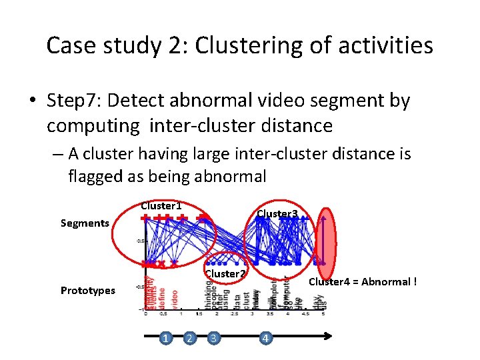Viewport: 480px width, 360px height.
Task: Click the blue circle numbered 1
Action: point(164,339)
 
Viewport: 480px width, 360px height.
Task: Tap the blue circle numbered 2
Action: point(189,339)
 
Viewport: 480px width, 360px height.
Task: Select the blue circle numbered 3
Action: point(213,339)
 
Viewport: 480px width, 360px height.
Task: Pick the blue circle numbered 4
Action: point(265,339)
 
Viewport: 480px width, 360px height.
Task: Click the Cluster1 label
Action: point(161,206)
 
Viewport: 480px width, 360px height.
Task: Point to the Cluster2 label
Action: point(226,273)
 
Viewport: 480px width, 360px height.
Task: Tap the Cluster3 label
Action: point(277,214)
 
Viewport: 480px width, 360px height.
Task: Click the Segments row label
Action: point(85,223)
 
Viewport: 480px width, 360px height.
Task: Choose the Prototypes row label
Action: point(87,291)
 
